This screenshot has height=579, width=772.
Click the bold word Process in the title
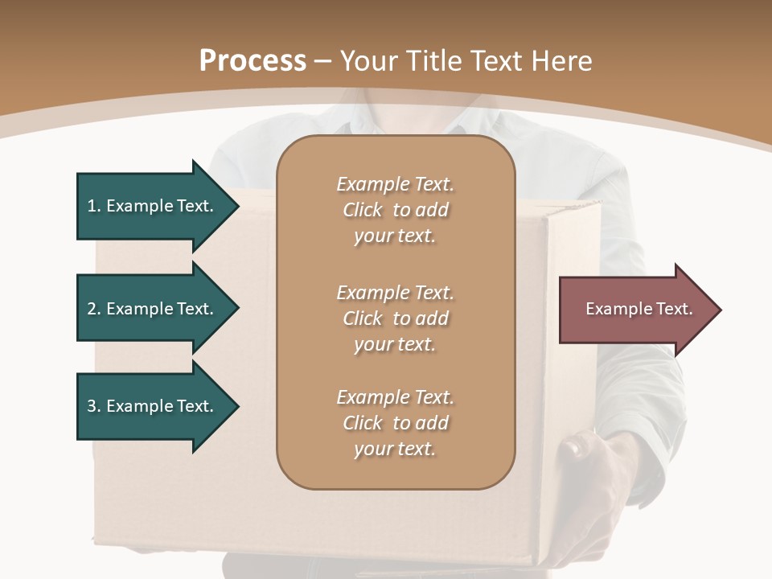tap(253, 61)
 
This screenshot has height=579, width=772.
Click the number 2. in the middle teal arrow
tap(93, 309)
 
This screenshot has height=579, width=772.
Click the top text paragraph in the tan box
tap(395, 210)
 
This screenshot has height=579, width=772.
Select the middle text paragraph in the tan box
tap(395, 318)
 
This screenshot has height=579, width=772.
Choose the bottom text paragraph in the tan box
tap(395, 423)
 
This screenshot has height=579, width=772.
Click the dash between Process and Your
tap(322, 61)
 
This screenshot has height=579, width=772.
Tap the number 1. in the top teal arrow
tap(93, 206)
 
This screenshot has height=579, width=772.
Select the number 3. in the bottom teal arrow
tap(93, 406)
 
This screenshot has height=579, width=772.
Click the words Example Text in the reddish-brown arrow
tap(639, 309)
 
